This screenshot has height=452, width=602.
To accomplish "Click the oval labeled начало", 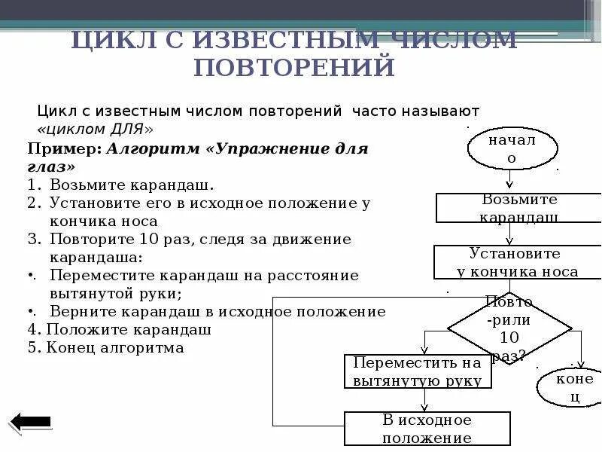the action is tap(511, 148).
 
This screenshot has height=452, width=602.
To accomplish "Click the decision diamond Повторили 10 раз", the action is tap(509, 328).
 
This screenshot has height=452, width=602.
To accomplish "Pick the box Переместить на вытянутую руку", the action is tap(418, 371).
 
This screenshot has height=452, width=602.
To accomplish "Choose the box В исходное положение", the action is tap(427, 429).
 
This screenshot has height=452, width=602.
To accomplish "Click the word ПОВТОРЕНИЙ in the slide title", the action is tap(294, 67).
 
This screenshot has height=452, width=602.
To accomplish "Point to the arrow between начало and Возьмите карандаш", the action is tap(509, 181).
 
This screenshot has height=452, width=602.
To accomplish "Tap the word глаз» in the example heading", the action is tap(51, 166).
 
